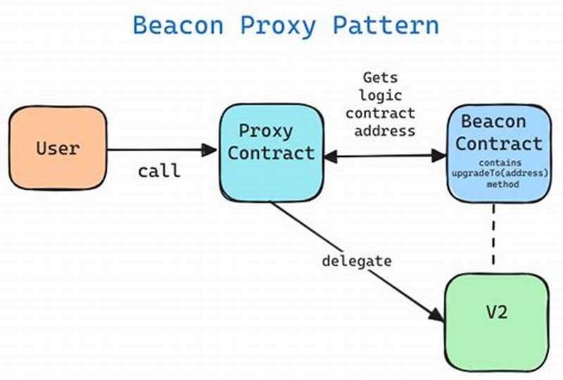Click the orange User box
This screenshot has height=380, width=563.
58,148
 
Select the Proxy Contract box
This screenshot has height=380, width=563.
270,151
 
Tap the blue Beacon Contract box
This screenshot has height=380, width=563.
499,151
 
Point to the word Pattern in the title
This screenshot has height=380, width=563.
386,26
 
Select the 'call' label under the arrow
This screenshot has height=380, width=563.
159,171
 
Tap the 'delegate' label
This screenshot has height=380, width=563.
356,260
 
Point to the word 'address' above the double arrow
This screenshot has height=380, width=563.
384,130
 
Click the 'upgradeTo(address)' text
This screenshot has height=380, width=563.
499,173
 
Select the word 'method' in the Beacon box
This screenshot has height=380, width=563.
499,184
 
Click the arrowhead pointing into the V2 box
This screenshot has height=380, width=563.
438,317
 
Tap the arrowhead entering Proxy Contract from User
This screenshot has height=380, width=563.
210,149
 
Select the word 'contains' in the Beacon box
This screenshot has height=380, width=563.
499,163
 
